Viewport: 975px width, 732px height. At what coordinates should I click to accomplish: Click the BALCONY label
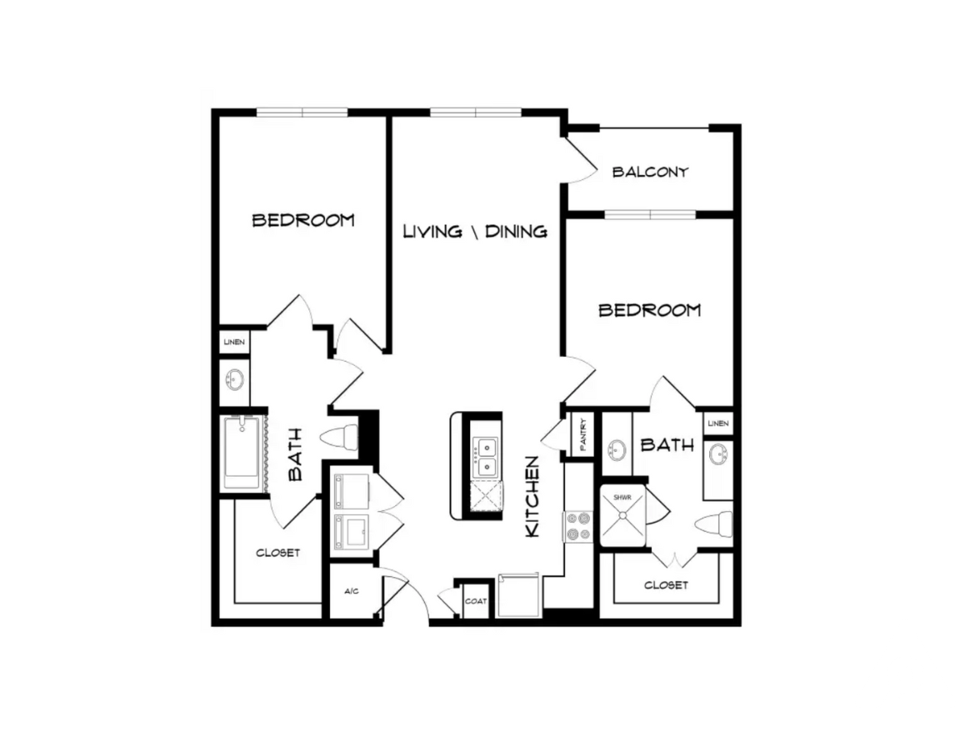[650, 173]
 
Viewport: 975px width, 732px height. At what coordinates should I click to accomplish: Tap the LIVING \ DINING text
[475, 231]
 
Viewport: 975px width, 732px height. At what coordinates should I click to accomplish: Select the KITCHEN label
[533, 496]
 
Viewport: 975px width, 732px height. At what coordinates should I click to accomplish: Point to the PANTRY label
[582, 434]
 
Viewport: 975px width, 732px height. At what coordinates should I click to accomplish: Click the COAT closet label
[476, 601]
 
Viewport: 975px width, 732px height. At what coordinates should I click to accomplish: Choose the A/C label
[351, 591]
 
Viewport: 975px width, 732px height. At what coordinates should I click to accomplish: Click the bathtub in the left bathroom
[242, 454]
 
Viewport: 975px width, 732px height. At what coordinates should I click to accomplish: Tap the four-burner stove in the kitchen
[577, 525]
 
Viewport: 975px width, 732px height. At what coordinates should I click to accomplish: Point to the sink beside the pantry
[617, 451]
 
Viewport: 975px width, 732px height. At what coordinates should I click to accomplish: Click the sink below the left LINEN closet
[235, 380]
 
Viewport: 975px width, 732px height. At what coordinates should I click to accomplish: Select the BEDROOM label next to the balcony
[650, 310]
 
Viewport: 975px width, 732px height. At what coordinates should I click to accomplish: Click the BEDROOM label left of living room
[303, 220]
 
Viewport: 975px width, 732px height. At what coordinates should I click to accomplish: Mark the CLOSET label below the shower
[666, 585]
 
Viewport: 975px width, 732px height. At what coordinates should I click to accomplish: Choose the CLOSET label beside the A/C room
[277, 553]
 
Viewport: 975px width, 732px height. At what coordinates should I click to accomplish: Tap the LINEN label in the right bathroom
[717, 424]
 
